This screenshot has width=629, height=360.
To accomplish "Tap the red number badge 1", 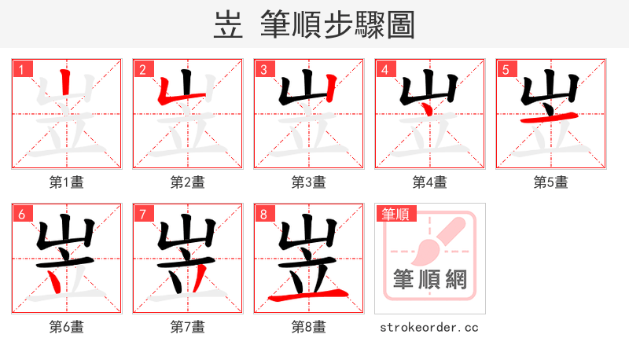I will point(20,69).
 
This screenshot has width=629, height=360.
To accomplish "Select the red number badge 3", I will point(263,69).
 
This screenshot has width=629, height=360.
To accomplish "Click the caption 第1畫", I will point(67,182).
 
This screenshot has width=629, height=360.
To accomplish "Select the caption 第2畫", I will point(188,182).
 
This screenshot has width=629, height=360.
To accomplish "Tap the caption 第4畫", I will point(430,182).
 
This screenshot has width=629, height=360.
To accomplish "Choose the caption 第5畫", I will point(550,182).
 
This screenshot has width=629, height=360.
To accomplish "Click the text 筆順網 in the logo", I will point(429,278).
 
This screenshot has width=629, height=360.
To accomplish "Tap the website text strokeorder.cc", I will point(429,327).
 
